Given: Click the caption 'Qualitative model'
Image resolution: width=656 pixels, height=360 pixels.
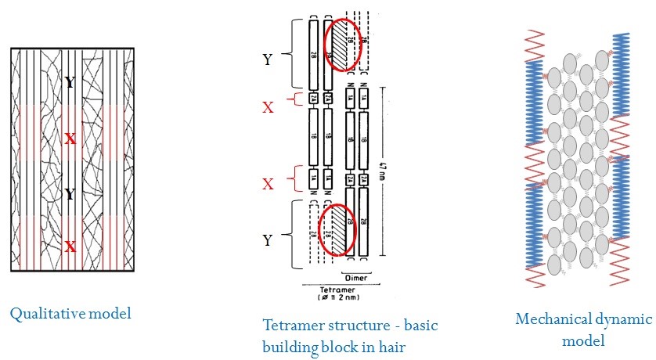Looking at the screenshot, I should [70, 314].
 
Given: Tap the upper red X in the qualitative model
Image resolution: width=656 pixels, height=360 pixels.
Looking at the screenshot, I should [70, 139].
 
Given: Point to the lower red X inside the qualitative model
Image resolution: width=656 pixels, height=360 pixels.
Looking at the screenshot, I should [70, 247].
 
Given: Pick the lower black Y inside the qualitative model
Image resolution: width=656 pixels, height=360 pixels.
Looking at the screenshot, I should [70, 194].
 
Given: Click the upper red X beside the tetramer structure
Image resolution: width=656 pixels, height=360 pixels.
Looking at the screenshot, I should [268, 107].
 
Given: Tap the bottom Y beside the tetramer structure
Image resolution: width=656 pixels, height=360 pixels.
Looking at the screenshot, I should [268, 240].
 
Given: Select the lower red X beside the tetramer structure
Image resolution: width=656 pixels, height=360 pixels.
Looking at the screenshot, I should [268, 184].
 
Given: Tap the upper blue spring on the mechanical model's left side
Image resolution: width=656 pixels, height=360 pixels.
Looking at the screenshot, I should [535, 103].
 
